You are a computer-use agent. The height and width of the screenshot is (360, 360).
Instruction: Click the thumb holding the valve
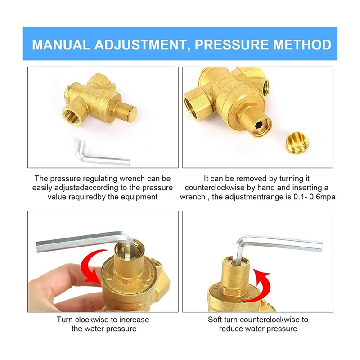pos(67,288)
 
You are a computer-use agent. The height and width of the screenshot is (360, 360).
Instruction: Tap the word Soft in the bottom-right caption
pos(216,319)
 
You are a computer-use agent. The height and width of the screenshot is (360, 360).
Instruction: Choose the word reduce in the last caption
pos(229,328)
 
